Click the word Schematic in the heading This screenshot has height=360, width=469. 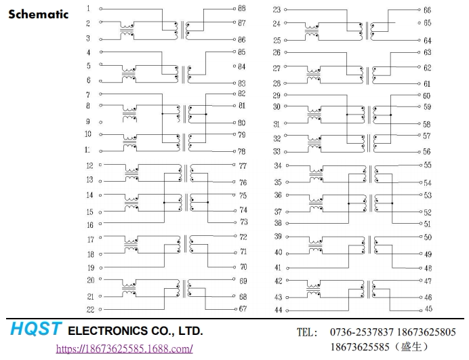coord(38,14)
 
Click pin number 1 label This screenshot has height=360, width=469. coord(88,9)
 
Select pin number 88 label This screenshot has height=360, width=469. coord(242,9)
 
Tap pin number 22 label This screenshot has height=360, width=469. coord(90,309)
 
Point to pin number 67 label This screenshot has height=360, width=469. coord(242,309)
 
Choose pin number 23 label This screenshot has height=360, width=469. coord(277,9)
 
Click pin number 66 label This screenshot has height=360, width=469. coord(427,10)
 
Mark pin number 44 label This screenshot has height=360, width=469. coord(277,310)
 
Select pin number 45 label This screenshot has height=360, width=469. coord(428,309)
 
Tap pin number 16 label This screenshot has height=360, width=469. coord(90,224)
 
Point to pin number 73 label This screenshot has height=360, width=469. coord(243,222)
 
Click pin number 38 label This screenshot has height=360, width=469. coord(277,223)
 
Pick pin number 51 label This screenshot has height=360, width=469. coord(428,224)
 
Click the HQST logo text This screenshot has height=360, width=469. coord(36,330)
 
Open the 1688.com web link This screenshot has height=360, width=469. coord(123,348)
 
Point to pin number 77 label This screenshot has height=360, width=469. coord(243,165)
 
